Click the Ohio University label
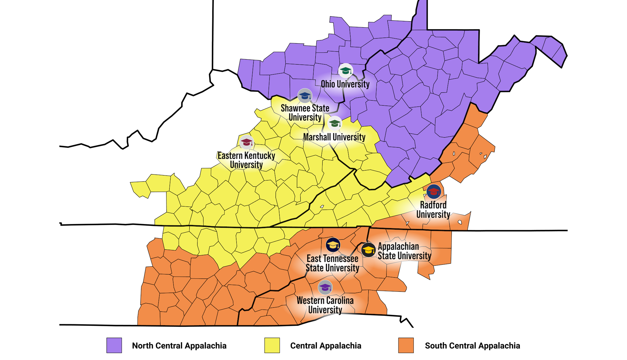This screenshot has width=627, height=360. [345, 84]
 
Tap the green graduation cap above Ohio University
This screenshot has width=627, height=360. [345, 70]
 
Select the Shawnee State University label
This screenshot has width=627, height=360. [305, 112]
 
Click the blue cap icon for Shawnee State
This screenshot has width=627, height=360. [305, 96]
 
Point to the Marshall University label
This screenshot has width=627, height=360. [334, 137]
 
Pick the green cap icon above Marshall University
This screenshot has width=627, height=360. [335, 123]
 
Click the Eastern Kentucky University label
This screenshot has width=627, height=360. [246, 160]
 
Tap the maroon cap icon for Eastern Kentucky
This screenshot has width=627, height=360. [247, 143]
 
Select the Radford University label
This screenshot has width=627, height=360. [433, 210]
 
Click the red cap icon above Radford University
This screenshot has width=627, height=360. [434, 191]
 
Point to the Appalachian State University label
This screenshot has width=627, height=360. [404, 251]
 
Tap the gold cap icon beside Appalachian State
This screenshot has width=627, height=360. [368, 250]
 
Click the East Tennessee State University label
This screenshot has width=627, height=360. [332, 263]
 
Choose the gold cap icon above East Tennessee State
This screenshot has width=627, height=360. [333, 245]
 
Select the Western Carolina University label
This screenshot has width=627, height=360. [325, 305]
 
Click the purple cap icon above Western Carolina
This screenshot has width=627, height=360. [325, 287]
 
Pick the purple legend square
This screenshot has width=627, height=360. [114, 345]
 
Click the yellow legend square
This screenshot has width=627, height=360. [272, 345]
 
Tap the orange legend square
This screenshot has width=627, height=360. [406, 345]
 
